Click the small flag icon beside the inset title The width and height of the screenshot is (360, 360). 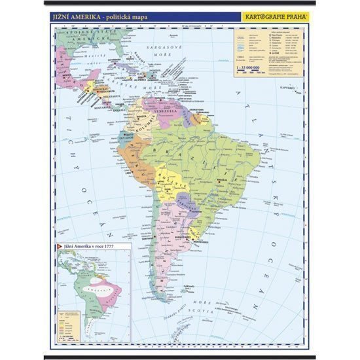click(x=59, y=247)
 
